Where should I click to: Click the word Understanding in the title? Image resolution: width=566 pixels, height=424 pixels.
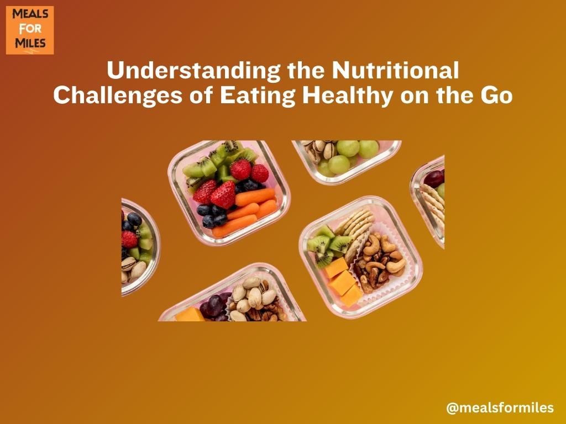(194, 71)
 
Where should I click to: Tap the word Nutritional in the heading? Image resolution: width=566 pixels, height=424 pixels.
(395, 70)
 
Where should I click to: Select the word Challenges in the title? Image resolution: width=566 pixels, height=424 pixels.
(118, 96)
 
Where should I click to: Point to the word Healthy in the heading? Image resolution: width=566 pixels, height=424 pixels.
(347, 96)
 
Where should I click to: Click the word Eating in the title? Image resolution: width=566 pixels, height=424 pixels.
(258, 96)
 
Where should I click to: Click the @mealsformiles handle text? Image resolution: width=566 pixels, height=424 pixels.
(500, 408)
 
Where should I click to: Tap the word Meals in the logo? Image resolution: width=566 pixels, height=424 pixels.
(30, 14)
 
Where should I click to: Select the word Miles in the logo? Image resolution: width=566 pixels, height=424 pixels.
(30, 43)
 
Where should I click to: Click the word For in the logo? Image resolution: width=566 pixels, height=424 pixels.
(30, 29)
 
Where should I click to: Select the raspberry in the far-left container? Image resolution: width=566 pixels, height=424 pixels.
(129, 240)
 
